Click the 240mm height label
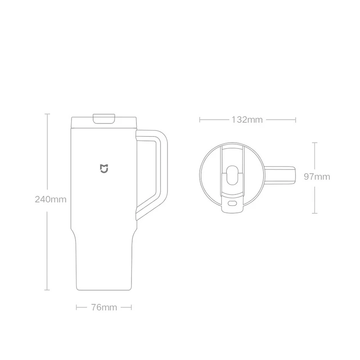[x=50, y=199]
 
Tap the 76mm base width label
[x=104, y=307]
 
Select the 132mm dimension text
[x=247, y=120]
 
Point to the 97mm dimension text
[x=317, y=176]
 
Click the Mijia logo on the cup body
[x=104, y=168]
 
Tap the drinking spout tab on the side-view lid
[x=104, y=118]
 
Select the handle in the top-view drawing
[x=280, y=175]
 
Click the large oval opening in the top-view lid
[x=232, y=175]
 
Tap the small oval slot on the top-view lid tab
[x=232, y=203]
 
